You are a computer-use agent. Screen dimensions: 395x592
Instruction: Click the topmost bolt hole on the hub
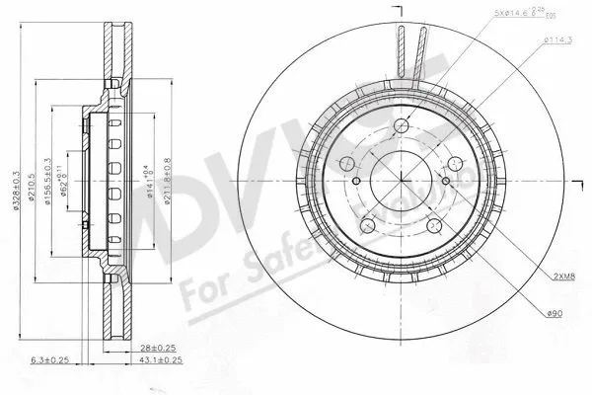point(405,125)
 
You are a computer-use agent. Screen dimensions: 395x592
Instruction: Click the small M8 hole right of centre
point(447,182)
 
